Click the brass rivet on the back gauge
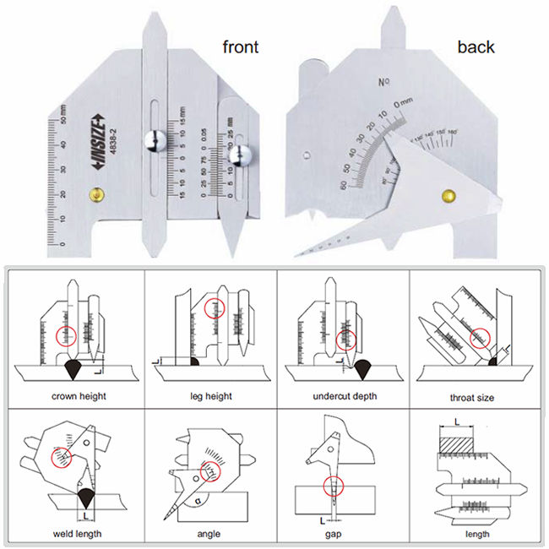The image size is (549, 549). coord(447,196)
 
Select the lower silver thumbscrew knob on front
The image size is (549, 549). coord(245,156)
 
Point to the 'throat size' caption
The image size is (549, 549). coord(474,396)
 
